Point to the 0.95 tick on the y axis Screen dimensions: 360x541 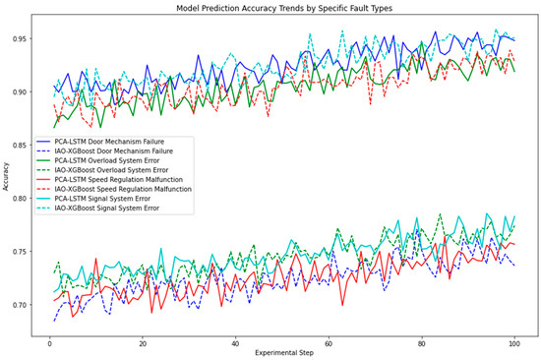[24, 39]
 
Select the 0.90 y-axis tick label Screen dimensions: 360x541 [24, 92]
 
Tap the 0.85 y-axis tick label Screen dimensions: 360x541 [24, 146]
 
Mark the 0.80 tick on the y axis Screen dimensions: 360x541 [24, 199]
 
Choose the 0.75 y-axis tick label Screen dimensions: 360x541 [24, 252]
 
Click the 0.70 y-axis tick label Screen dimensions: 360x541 [24, 305]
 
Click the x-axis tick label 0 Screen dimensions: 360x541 [49, 340]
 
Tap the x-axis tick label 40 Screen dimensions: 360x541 [235, 340]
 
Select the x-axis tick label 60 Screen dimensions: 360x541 [329, 340]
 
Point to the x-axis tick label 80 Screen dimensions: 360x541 [421, 340]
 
